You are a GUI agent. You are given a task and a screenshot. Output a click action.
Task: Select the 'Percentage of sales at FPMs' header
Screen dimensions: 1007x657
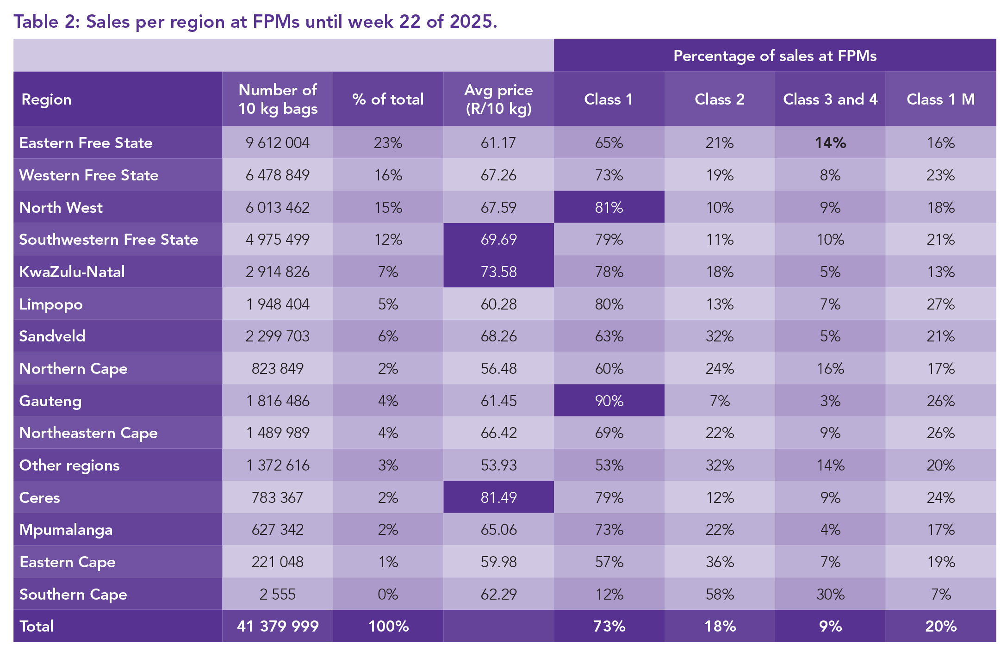click(x=775, y=56)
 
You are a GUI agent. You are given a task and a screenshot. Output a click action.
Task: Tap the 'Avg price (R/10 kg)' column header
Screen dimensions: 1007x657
click(x=498, y=99)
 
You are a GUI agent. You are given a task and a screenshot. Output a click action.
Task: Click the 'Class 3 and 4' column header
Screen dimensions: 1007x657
click(x=830, y=99)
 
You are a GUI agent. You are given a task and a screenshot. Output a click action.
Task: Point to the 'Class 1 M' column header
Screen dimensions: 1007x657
click(x=940, y=99)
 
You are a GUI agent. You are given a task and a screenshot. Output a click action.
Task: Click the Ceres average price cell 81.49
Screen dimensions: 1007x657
click(x=498, y=497)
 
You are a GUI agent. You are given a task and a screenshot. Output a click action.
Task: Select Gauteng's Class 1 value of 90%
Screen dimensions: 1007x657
click(x=609, y=401)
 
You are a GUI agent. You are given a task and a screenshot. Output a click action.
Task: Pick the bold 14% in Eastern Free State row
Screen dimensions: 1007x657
click(x=830, y=143)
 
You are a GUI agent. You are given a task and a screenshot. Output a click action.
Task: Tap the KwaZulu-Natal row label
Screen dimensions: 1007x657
click(x=72, y=272)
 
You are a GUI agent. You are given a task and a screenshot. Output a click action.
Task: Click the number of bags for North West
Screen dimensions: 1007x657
click(x=277, y=207)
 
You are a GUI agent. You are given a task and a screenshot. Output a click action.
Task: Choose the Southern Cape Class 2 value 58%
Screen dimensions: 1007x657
click(x=720, y=594)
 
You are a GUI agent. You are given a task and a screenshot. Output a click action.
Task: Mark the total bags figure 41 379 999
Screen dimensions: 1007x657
click(x=278, y=626)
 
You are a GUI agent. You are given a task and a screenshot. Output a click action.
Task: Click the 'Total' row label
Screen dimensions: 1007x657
click(x=37, y=626)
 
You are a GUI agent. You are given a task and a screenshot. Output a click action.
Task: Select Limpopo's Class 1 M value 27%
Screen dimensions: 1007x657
click(x=940, y=304)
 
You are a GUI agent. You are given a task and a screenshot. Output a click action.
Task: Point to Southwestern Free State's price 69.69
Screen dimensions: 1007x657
click(x=498, y=240)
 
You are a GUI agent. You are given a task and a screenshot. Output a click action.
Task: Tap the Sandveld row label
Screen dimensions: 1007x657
click(x=52, y=336)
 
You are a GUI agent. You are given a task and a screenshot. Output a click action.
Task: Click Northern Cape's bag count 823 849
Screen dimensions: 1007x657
click(x=277, y=368)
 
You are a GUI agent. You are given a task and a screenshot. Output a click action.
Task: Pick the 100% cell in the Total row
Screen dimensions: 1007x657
click(x=388, y=626)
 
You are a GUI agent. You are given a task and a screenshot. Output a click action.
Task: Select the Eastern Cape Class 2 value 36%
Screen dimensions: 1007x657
click(x=720, y=562)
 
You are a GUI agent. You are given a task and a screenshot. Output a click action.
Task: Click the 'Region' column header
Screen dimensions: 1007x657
click(x=46, y=99)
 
